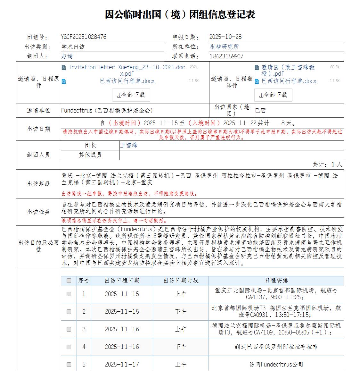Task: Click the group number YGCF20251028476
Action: point(84,37)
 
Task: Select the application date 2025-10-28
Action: point(225,37)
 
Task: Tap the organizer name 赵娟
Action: point(67,56)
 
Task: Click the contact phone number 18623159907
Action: point(226,56)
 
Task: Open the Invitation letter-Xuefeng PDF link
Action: point(127,70)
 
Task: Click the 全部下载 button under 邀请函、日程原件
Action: point(131,95)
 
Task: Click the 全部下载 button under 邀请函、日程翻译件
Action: point(273,95)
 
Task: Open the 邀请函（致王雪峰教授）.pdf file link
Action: point(288,70)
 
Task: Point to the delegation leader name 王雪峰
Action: point(129,145)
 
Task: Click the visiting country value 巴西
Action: point(260,110)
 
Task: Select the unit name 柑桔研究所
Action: point(224,46)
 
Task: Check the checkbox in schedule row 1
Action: point(69,294)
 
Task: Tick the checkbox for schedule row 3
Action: point(69,329)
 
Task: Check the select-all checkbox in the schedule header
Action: point(69,281)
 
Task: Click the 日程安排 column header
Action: point(276,281)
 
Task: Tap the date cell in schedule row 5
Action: point(122,365)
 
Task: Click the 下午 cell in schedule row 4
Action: point(181,347)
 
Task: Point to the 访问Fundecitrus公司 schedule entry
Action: point(276,365)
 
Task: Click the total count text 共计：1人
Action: point(327,164)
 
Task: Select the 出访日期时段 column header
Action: point(181,281)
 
